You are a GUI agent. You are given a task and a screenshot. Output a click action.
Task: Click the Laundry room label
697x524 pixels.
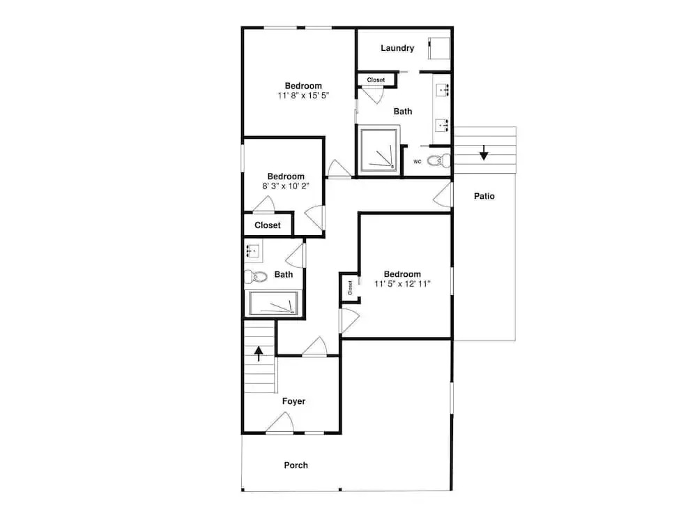397,48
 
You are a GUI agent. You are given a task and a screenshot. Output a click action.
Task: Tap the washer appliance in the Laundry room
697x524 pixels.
439,48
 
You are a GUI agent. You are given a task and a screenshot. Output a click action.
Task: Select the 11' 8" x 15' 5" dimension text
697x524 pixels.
303,96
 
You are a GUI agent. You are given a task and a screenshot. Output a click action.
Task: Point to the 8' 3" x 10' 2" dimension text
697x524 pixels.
286,186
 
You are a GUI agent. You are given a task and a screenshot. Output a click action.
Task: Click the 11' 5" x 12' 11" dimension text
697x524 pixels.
402,284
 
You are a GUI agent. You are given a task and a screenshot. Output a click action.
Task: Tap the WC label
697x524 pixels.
417,161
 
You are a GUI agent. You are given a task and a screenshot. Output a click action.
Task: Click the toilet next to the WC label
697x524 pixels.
438,160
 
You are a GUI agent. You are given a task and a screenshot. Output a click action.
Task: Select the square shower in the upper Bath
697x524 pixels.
378,150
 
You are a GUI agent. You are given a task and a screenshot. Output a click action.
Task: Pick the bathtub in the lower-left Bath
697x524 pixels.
273,303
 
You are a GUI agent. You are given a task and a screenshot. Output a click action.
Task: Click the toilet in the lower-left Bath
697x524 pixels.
256,277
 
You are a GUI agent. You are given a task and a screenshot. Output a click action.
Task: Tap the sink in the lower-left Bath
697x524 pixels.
254,251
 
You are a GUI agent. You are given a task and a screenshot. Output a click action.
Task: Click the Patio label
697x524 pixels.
484,196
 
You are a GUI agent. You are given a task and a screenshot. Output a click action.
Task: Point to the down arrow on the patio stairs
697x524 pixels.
484,153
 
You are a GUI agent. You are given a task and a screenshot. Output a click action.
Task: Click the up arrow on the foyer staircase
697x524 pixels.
259,354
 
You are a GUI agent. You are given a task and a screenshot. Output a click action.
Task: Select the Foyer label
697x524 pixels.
294,401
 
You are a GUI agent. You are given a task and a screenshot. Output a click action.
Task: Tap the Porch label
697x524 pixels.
296,465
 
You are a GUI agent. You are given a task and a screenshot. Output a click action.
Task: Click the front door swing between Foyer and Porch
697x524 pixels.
280,422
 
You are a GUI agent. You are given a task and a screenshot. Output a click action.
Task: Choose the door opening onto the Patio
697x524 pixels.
443,195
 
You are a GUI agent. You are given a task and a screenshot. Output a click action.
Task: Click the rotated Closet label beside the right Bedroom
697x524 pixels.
351,287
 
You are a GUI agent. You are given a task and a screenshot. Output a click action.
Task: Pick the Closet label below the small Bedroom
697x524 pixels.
268,225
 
